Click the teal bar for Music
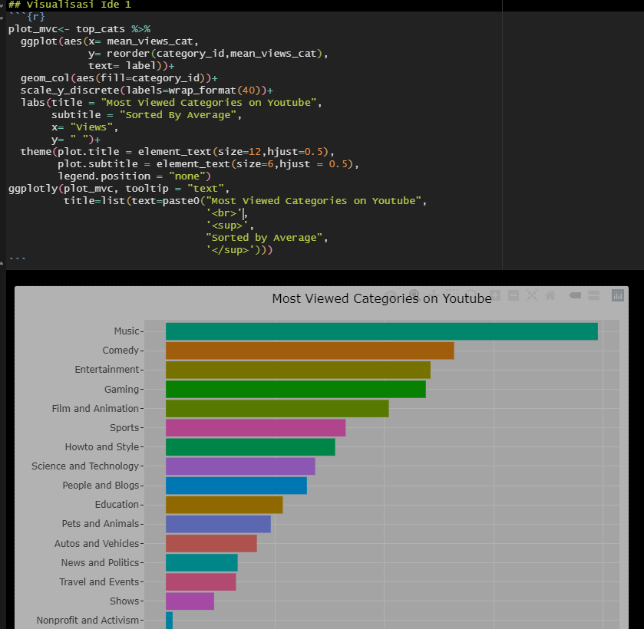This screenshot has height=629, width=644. (381, 331)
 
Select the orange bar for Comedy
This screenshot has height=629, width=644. (309, 351)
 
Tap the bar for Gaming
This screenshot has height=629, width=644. (296, 390)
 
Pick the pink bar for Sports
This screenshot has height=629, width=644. (256, 428)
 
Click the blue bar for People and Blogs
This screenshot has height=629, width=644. (236, 486)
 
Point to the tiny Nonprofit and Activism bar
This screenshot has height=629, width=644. (169, 620)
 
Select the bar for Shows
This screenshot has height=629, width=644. (190, 601)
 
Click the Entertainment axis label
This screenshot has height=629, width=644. (107, 370)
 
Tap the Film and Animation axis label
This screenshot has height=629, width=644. (95, 409)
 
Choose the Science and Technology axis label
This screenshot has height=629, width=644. (85, 466)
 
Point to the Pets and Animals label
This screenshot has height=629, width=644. (101, 524)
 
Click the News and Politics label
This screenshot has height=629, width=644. (100, 563)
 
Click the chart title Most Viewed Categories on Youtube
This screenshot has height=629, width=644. (381, 299)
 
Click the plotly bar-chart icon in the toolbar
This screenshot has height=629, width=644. (618, 295)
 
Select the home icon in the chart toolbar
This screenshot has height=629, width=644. (550, 295)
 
